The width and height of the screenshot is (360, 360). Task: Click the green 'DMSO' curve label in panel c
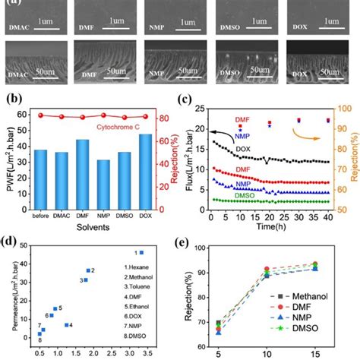pyautogui.click(x=225, y=193)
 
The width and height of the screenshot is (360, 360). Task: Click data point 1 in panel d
pyautogui.click(x=141, y=252)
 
